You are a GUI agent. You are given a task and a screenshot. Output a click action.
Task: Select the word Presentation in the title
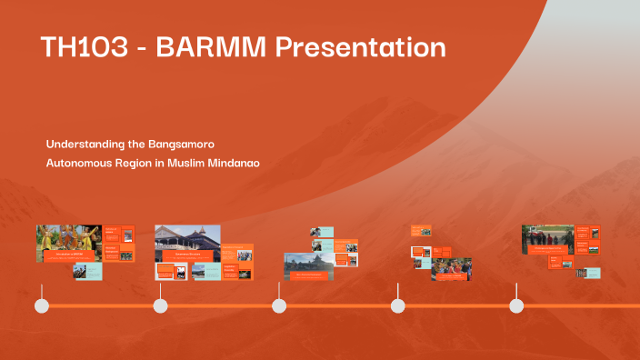[360, 47]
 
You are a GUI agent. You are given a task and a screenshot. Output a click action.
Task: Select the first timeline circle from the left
[42, 305]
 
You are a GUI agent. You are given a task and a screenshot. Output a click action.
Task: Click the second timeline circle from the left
[161, 305]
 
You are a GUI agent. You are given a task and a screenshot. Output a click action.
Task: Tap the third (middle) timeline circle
[279, 305]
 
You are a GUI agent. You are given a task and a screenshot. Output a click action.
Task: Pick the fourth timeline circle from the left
[397, 305]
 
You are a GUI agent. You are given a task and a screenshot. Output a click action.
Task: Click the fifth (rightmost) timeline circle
[516, 305]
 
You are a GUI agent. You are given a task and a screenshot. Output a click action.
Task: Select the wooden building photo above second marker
[187, 242]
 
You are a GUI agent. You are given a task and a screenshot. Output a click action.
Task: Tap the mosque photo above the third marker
[308, 265]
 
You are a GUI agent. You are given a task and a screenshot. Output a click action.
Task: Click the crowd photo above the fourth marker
[451, 268]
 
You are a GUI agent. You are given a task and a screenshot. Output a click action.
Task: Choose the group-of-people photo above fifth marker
[547, 239]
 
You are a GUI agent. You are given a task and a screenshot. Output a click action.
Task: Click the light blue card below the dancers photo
[87, 271]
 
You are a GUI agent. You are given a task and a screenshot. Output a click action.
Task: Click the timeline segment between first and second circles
[101, 305]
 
